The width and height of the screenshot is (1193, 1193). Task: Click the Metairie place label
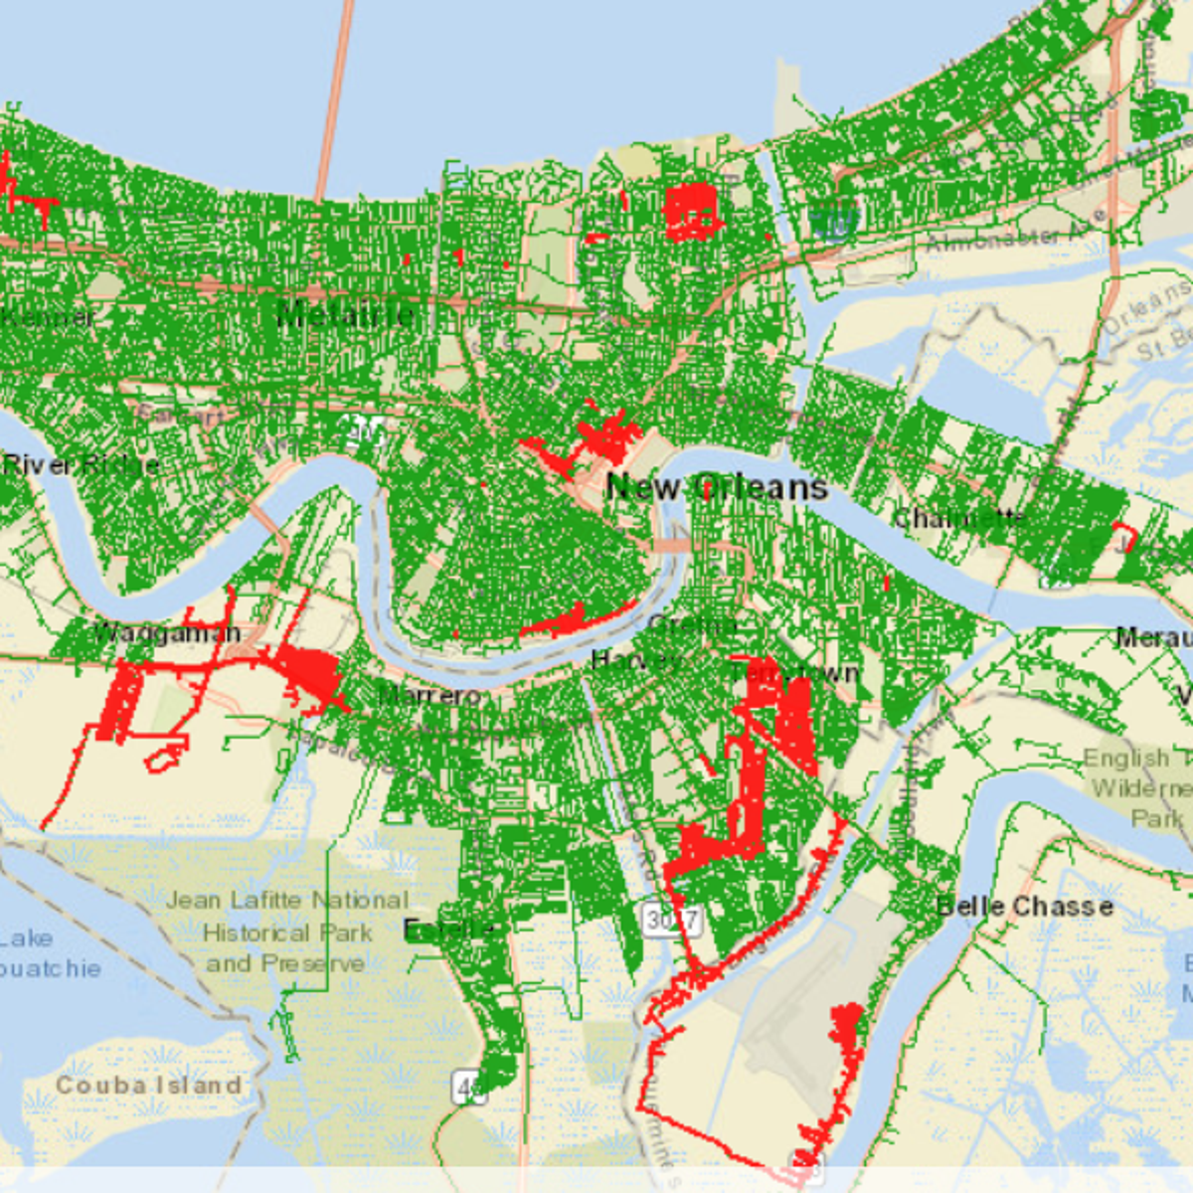point(344,316)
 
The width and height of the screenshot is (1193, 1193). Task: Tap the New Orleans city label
point(717,487)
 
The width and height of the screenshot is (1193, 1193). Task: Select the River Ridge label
point(80,464)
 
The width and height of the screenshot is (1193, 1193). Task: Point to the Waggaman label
point(167,633)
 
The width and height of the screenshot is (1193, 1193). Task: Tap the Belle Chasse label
point(1024,907)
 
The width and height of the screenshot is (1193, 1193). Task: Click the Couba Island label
point(148,1085)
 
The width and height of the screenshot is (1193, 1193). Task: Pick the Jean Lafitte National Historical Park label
point(287,932)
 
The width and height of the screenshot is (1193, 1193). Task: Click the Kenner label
point(48,317)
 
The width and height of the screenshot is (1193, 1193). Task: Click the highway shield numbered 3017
point(673,920)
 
